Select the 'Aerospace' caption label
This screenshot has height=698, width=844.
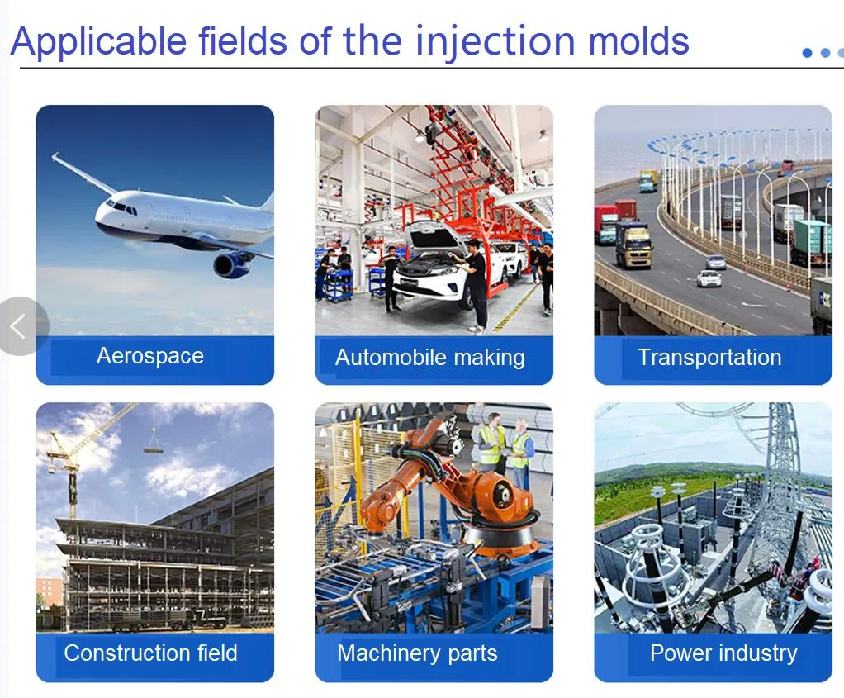[x=149, y=356]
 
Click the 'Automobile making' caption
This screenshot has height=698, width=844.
[x=429, y=358]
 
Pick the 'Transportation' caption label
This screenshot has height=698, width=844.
[x=709, y=358]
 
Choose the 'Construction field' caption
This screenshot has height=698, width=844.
[x=150, y=653]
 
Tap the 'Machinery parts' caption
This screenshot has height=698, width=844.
[x=417, y=653]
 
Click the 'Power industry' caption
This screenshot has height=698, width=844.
[x=723, y=653]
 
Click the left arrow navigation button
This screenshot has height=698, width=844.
[x=18, y=326]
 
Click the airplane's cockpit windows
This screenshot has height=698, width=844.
[x=125, y=208]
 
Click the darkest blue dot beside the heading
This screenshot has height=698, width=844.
[x=808, y=53]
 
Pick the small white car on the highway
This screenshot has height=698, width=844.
[x=709, y=278]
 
